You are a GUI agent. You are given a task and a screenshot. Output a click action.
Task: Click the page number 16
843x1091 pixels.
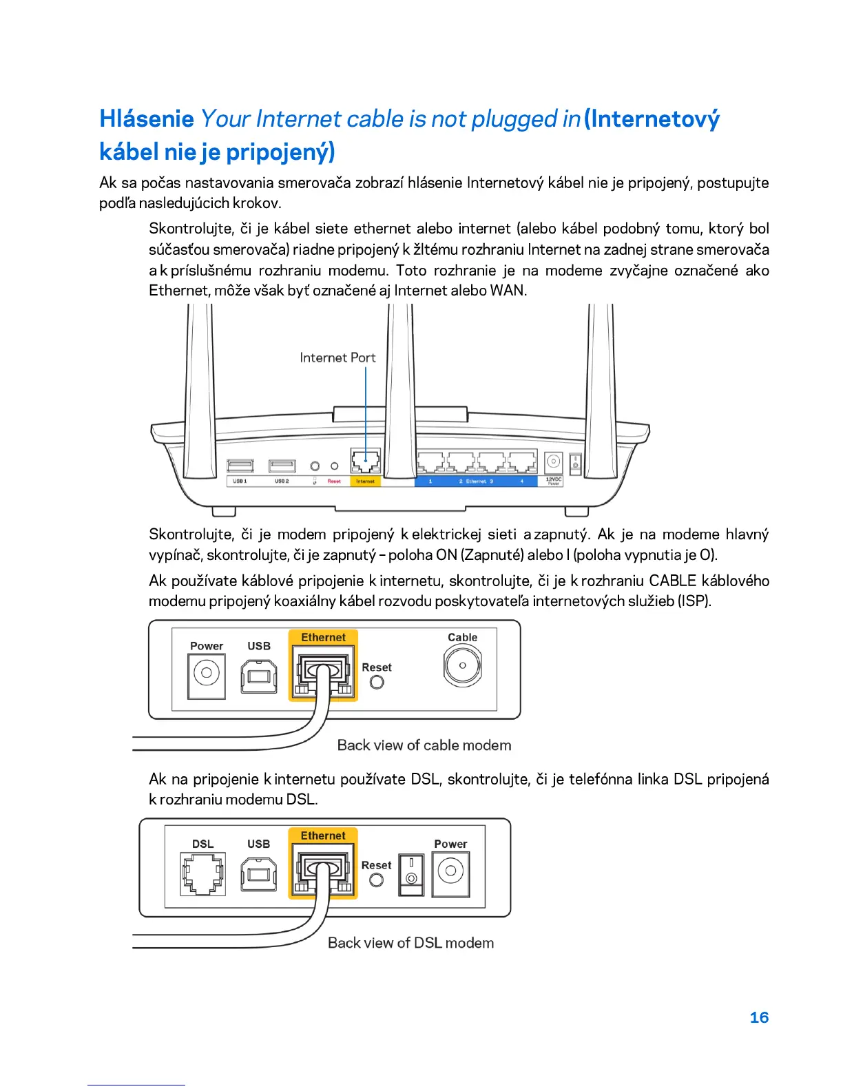tap(758, 1017)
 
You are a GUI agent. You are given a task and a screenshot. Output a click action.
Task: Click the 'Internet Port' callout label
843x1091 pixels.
tap(337, 357)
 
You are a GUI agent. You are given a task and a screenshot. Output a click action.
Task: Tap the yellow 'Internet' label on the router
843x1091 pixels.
tap(365, 481)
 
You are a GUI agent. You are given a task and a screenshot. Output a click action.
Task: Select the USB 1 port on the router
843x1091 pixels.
tap(240, 466)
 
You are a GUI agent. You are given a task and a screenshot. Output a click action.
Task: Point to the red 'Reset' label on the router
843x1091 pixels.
tap(334, 481)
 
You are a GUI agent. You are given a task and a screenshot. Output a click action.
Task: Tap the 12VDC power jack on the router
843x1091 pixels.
tap(553, 462)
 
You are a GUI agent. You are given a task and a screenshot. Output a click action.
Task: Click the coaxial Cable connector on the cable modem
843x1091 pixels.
tap(462, 665)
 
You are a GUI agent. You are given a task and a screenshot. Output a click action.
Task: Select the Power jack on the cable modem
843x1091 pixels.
tap(206, 672)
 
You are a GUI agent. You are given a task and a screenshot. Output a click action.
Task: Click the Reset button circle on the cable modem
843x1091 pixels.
tap(377, 682)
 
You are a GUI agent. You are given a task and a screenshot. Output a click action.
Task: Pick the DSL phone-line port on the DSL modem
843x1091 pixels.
tap(202, 873)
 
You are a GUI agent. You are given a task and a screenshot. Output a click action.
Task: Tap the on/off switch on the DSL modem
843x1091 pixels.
tap(411, 873)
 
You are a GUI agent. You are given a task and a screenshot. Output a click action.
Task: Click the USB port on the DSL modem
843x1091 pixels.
tap(259, 873)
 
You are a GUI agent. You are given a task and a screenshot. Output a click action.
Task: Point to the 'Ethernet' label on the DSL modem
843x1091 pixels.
tap(323, 835)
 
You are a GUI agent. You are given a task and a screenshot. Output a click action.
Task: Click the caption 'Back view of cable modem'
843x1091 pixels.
tap(424, 745)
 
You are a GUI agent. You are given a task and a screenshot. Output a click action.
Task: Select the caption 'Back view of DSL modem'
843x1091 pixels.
tap(410, 943)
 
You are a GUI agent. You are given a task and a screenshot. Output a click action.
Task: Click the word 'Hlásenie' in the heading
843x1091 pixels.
tap(147, 119)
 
